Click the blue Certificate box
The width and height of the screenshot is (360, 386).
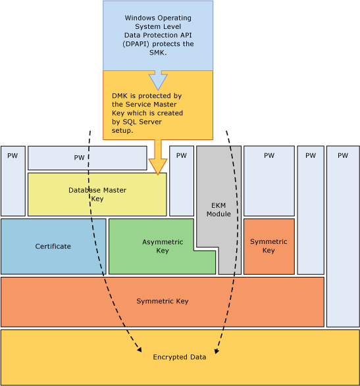(53, 247)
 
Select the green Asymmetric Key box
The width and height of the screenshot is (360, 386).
(155, 247)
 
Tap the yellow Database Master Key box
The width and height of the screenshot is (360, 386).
(97, 194)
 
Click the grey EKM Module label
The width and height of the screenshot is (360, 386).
(219, 210)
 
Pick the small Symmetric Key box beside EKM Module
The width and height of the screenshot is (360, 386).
(269, 246)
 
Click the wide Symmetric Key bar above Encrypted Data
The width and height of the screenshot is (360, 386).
(162, 301)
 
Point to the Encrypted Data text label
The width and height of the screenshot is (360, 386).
(180, 357)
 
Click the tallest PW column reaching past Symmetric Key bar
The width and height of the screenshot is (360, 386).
(343, 237)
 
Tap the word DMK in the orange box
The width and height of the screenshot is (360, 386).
(120, 95)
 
